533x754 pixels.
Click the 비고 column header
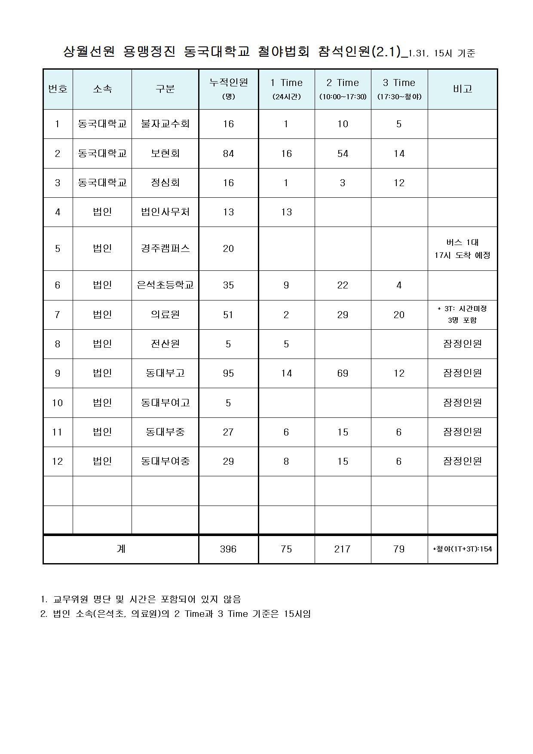pyautogui.click(x=463, y=89)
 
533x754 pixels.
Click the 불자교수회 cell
pyautogui.click(x=165, y=124)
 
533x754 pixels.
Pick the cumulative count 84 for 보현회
pyautogui.click(x=228, y=153)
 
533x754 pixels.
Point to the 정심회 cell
pyautogui.click(x=165, y=183)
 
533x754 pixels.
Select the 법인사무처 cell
pyautogui.click(x=165, y=212)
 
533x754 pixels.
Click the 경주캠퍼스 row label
pyautogui.click(x=165, y=248)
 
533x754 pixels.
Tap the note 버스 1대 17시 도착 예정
pyautogui.click(x=463, y=248)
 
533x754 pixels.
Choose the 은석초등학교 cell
pyautogui.click(x=165, y=285)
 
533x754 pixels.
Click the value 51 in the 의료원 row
pyautogui.click(x=228, y=315)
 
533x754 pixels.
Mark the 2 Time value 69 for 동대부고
pyautogui.click(x=343, y=373)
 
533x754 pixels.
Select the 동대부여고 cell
pyautogui.click(x=165, y=403)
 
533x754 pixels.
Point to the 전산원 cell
pyautogui.click(x=165, y=344)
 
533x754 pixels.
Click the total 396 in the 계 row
pyautogui.click(x=228, y=549)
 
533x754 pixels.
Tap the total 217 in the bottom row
pyautogui.click(x=343, y=549)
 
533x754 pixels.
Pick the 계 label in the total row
pyautogui.click(x=121, y=549)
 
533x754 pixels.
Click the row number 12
pyautogui.click(x=58, y=461)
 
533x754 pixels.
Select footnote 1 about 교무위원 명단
pyautogui.click(x=141, y=599)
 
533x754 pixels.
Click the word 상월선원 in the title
pyautogui.click(x=89, y=52)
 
